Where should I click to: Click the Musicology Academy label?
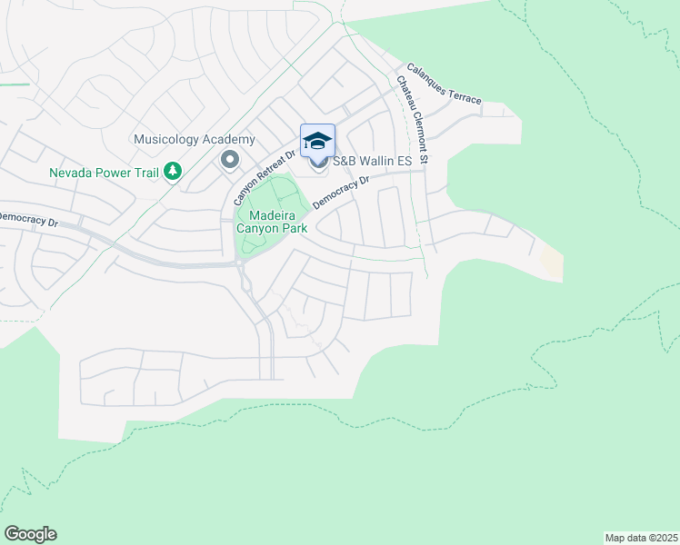[x=194, y=140]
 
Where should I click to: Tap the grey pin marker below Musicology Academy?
[x=229, y=161]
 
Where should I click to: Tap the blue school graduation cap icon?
[x=317, y=141]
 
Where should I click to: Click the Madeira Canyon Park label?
[x=271, y=222]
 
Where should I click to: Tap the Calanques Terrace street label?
[x=444, y=84]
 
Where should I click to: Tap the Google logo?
[x=30, y=534]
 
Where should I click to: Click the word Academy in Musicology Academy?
[x=229, y=140]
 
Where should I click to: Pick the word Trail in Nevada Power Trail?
[x=144, y=172]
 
